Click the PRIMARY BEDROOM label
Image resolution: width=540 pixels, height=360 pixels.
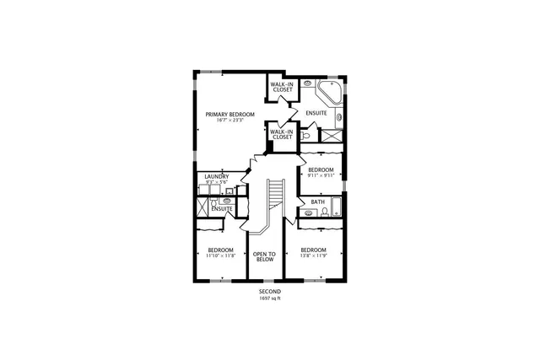[x=230, y=114]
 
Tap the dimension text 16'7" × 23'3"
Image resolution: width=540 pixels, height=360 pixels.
[x=230, y=121]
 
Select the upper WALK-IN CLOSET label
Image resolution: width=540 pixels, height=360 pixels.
[x=282, y=88]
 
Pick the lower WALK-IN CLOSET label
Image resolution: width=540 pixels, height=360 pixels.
[x=282, y=134]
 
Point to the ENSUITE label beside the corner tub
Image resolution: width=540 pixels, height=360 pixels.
[x=316, y=113]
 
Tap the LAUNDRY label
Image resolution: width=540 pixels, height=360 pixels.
[x=217, y=176]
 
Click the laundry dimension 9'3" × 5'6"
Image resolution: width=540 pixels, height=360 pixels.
[x=217, y=182]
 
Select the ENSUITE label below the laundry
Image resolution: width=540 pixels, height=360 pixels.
[x=223, y=208]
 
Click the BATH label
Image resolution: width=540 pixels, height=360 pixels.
[x=317, y=202]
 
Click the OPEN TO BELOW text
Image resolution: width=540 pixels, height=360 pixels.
[x=265, y=256]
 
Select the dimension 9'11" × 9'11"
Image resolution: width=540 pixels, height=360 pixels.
[x=321, y=176]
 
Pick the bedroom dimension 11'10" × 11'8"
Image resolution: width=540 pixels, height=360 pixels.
[x=221, y=256]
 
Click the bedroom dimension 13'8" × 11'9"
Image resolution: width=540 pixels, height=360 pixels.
[x=313, y=256]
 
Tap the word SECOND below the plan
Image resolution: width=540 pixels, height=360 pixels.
[x=270, y=291]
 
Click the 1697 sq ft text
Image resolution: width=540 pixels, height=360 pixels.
[x=270, y=298]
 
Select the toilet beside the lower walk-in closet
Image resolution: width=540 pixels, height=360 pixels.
[x=310, y=135]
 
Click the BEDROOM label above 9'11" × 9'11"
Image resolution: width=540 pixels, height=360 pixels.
[x=321, y=169]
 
